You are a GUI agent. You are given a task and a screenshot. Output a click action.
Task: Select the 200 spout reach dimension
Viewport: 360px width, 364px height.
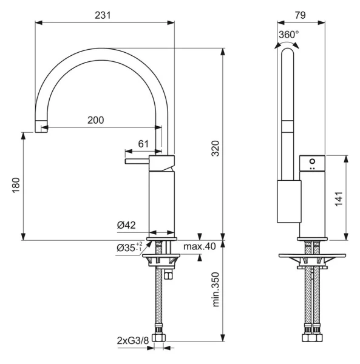point(95,120)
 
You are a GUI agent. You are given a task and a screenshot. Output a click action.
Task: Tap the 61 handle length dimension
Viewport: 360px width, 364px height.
point(143,143)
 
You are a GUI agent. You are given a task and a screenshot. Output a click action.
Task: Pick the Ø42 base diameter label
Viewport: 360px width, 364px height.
point(126,225)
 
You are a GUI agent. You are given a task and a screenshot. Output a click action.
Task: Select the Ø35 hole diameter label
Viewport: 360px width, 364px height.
point(129,248)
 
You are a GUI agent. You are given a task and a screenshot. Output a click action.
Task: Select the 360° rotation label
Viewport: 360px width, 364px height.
point(289,35)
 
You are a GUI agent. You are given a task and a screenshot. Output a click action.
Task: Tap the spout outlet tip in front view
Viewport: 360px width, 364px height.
point(42,126)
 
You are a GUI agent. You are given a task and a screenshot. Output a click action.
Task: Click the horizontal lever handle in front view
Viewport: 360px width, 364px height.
point(137,162)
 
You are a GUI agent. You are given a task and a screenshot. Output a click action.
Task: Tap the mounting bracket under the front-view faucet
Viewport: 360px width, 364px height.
point(160,260)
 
